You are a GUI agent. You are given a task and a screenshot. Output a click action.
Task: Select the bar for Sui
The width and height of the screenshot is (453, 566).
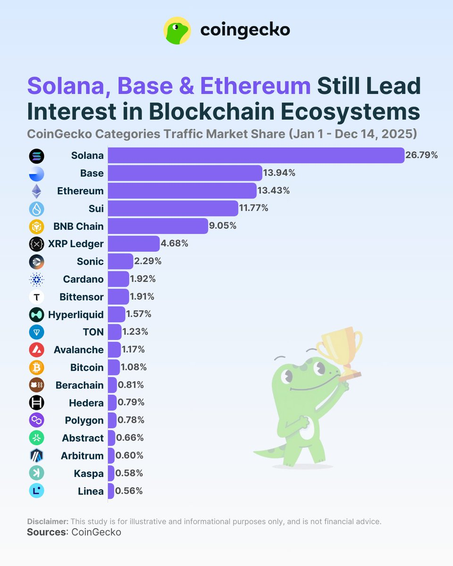pyautogui.click(x=173, y=208)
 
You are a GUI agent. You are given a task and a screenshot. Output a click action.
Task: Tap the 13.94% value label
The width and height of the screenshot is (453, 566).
pyautogui.click(x=279, y=173)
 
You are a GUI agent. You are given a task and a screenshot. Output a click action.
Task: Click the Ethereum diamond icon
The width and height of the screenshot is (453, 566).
pyautogui.click(x=36, y=191)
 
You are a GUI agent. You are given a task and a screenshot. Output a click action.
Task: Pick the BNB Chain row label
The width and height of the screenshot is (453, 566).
pyautogui.click(x=78, y=226)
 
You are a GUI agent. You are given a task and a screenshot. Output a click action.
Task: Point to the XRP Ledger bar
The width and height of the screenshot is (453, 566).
pyautogui.click(x=134, y=244)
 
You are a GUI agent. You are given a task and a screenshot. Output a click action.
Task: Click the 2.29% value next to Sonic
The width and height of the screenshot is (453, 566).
pyautogui.click(x=148, y=261)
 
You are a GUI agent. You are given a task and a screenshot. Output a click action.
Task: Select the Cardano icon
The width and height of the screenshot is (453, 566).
pyautogui.click(x=36, y=279)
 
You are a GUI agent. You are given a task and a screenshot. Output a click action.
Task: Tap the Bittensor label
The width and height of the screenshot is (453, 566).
pyautogui.click(x=81, y=297)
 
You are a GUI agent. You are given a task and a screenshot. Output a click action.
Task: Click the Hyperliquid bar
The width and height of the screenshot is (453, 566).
pyautogui.click(x=116, y=314)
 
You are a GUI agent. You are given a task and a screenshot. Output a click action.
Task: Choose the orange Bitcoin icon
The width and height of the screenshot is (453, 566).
pyautogui.click(x=36, y=367)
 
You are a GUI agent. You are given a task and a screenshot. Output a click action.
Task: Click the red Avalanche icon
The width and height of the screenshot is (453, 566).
pyautogui.click(x=36, y=350)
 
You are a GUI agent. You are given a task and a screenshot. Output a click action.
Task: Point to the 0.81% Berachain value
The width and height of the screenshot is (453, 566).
pyautogui.click(x=131, y=385)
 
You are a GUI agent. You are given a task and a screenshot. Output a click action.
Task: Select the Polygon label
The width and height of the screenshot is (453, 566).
pyautogui.click(x=84, y=420)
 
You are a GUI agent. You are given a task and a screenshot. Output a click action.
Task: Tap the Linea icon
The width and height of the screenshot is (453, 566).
pyautogui.click(x=36, y=491)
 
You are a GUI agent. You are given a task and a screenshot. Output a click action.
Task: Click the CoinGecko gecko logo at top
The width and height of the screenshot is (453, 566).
pyautogui.click(x=177, y=31)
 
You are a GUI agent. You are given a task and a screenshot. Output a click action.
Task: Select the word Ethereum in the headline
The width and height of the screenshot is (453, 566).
pyautogui.click(x=255, y=86)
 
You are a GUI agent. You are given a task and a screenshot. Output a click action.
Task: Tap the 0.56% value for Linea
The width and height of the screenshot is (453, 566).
pyautogui.click(x=130, y=491)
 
